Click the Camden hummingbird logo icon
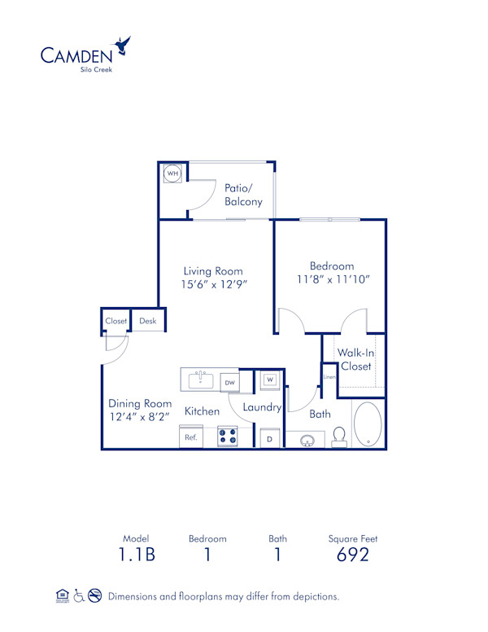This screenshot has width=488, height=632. [123, 46]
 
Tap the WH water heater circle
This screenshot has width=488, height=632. [172, 173]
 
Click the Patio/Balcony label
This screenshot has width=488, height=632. [243, 195]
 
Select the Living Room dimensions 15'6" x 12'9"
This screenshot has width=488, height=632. [213, 284]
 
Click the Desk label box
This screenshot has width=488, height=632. [148, 321]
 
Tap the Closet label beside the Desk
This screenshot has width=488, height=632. [116, 321]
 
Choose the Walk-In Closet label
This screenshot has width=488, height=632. [355, 359]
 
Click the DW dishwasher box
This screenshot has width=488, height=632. [229, 381]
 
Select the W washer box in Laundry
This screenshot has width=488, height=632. [270, 380]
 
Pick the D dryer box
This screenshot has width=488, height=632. [270, 438]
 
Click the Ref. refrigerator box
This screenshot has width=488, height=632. [192, 437]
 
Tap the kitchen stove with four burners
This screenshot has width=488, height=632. [228, 437]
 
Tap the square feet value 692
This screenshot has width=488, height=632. [353, 555]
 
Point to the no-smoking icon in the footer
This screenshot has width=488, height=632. [94, 596]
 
